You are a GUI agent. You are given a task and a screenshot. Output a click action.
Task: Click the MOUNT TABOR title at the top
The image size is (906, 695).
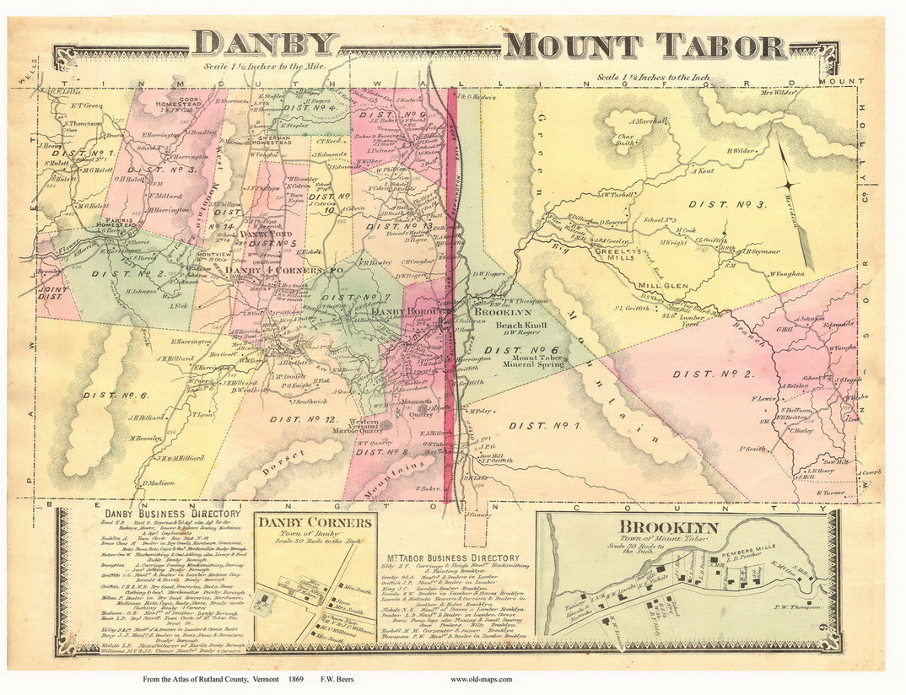coord(642,46)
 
